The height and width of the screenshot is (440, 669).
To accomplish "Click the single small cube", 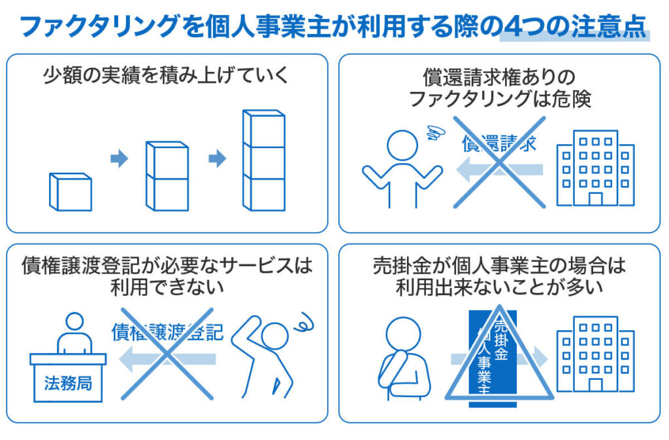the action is (x=71, y=192).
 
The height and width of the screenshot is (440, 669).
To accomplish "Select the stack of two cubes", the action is (x=167, y=176).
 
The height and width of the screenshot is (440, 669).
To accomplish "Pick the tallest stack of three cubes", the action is (x=264, y=161).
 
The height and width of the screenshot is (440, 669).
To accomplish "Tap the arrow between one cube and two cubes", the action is (x=119, y=159).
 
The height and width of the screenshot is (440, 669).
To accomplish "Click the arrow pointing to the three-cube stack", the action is (x=217, y=159).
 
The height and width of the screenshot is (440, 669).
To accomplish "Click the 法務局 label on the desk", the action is (x=68, y=383).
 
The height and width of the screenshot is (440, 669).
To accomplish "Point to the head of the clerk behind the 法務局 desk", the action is (x=74, y=322).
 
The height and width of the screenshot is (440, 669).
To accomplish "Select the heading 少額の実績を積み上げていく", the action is (x=167, y=76).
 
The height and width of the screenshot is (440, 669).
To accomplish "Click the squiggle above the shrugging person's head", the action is (x=436, y=133).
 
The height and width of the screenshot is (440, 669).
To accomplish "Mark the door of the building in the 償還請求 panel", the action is (x=595, y=199).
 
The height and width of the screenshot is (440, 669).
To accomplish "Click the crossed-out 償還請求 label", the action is (x=499, y=143).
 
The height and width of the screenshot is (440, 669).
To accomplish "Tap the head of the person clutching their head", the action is (x=275, y=336).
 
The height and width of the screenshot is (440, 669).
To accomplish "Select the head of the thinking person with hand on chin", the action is (x=402, y=334).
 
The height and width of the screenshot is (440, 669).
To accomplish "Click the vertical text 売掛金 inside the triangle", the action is (x=501, y=340).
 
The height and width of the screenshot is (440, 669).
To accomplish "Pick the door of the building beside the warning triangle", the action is (x=595, y=385).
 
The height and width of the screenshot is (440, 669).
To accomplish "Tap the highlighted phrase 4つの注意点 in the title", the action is (x=575, y=26).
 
